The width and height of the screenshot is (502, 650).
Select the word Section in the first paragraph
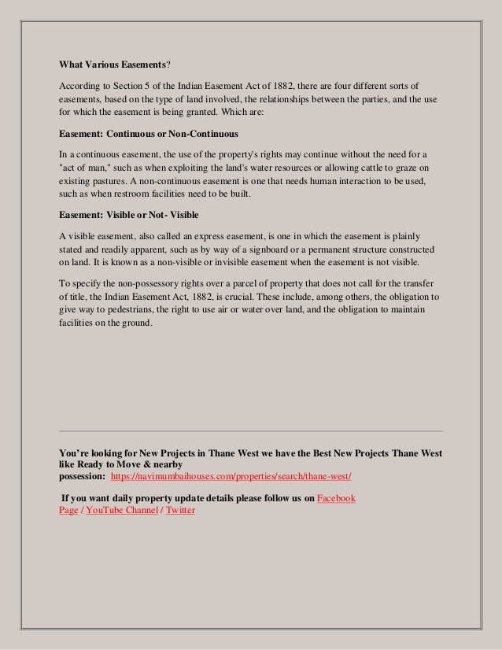click(x=129, y=85)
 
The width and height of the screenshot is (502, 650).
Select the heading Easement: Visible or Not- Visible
click(x=131, y=215)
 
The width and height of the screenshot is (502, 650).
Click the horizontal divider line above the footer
click(x=251, y=431)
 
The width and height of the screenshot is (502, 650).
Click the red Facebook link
click(x=336, y=498)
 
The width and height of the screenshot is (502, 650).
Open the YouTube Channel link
click(x=121, y=510)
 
